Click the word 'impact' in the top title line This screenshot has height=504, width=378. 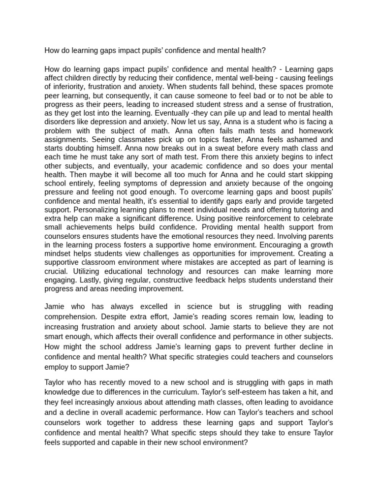[116, 50]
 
